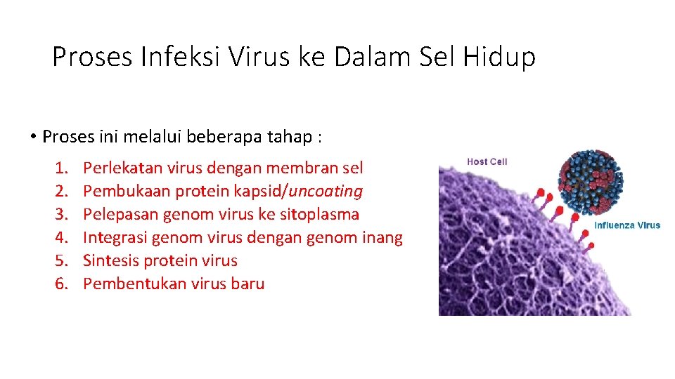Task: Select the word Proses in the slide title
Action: (x=92, y=57)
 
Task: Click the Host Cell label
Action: (x=487, y=162)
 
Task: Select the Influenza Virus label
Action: (x=627, y=225)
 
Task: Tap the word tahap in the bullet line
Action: (x=291, y=136)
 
